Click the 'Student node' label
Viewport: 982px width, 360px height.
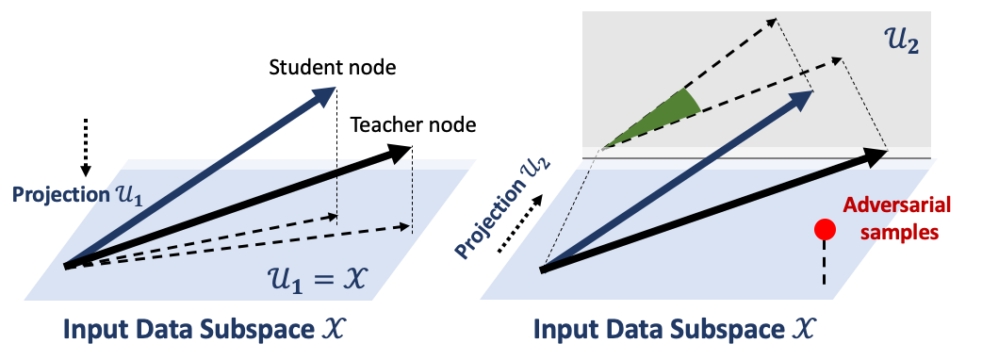point(333,68)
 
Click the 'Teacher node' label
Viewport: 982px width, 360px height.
point(414,125)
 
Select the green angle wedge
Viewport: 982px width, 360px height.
point(663,119)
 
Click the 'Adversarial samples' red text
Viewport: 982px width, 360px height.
point(899,219)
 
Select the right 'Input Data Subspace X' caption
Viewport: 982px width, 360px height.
point(677,329)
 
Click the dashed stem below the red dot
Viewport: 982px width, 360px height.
point(825,263)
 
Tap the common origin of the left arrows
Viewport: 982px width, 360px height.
point(66,266)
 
